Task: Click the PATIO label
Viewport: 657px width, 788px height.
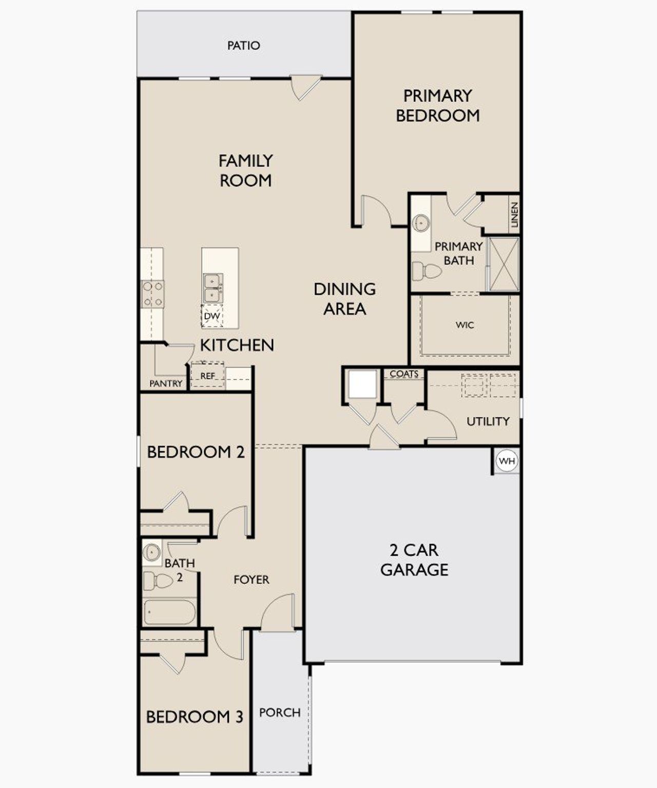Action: click(243, 46)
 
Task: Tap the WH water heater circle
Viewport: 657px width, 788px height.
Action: click(507, 461)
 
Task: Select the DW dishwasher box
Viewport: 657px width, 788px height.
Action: click(211, 316)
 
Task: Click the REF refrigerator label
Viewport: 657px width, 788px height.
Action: click(207, 376)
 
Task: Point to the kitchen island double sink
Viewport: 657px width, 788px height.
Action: click(212, 289)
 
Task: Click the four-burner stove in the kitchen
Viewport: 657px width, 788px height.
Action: click(153, 294)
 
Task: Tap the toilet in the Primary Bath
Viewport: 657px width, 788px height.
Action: click(427, 271)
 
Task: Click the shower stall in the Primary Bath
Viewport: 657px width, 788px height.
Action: click(504, 264)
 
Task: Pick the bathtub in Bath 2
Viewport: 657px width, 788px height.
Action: click(169, 612)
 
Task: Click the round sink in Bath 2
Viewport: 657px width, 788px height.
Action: click(152, 552)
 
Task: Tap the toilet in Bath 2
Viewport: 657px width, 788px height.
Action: click(159, 581)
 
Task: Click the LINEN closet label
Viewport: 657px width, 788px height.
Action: click(514, 215)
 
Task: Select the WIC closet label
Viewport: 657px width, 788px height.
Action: click(465, 325)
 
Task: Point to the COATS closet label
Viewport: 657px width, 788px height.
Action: click(404, 374)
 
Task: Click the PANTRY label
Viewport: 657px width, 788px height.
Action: click(166, 383)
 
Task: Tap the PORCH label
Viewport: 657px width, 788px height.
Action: click(280, 713)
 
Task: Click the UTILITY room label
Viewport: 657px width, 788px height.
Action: click(488, 421)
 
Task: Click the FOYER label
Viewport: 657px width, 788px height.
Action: click(251, 580)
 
